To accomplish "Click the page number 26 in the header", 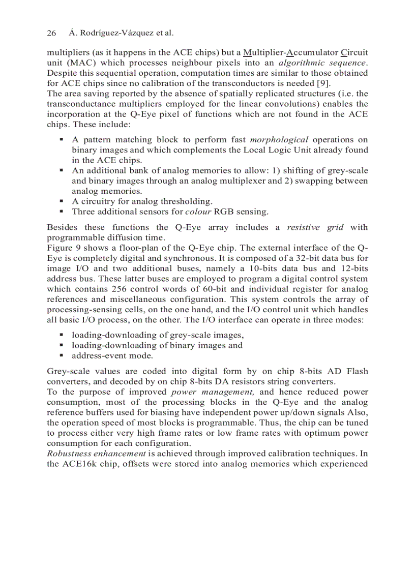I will [51, 33].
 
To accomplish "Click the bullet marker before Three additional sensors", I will [62, 212].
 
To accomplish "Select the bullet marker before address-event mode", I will [62, 356].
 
